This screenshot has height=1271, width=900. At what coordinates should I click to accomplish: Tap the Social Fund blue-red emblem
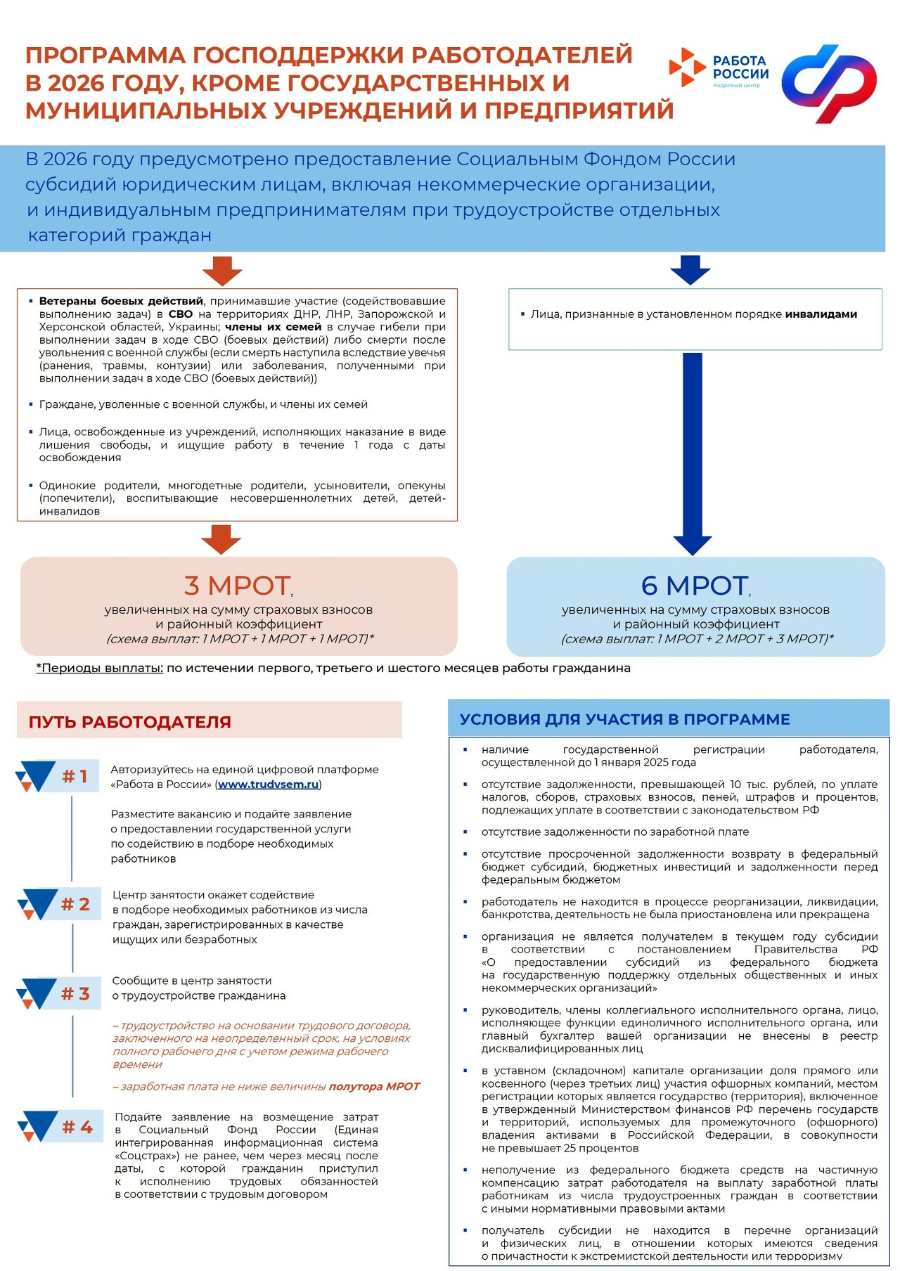(x=829, y=83)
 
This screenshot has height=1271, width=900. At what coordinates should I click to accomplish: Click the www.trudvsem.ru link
(x=268, y=785)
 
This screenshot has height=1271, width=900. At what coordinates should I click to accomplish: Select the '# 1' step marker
(x=74, y=776)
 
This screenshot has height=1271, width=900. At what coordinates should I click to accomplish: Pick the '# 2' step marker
(x=75, y=904)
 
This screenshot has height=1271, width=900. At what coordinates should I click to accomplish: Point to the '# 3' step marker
(x=75, y=993)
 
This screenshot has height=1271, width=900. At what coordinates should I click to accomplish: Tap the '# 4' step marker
(x=77, y=1127)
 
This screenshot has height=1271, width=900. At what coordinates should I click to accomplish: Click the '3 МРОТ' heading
(x=238, y=586)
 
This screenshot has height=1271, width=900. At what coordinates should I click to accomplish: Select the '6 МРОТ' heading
(x=694, y=586)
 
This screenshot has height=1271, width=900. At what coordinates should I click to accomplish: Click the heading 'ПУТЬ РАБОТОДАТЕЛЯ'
(x=130, y=722)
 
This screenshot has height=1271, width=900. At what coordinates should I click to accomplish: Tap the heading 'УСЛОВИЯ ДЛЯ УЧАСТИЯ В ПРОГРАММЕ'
(x=624, y=719)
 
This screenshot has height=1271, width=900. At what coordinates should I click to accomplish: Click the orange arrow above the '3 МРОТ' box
(x=221, y=539)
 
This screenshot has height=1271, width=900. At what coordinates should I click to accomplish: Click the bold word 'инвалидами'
(x=821, y=314)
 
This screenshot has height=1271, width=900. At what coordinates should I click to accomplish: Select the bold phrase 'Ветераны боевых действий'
(x=121, y=301)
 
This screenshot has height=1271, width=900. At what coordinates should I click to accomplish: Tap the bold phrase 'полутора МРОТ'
(x=374, y=1086)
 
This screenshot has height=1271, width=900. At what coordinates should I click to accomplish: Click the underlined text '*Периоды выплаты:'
(x=100, y=668)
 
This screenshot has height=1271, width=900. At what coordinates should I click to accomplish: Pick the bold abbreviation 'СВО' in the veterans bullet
(x=180, y=314)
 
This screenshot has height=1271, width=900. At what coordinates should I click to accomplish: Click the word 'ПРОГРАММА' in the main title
(x=105, y=55)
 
